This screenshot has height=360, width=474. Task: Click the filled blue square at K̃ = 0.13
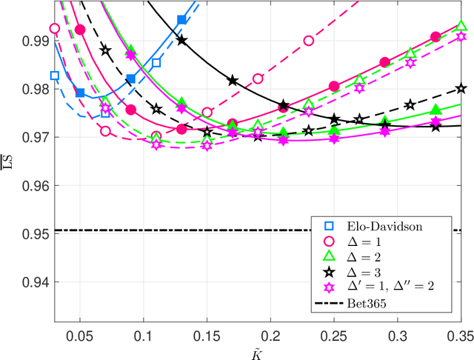click(x=182, y=20)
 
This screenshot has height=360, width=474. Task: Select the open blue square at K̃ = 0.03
click(x=54, y=76)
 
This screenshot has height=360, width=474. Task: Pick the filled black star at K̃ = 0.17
click(x=233, y=80)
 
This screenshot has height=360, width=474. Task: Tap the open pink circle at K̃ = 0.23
click(x=309, y=41)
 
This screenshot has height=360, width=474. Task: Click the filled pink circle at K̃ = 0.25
click(x=334, y=86)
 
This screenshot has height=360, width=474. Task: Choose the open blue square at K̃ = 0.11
click(x=156, y=63)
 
